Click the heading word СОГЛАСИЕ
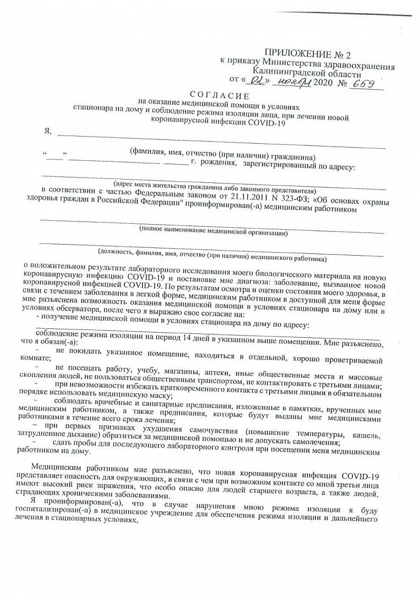[216, 96]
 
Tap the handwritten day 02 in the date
[256, 80]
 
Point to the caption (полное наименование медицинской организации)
[213, 231]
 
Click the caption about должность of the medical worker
[212, 255]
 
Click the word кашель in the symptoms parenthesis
[367, 435]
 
